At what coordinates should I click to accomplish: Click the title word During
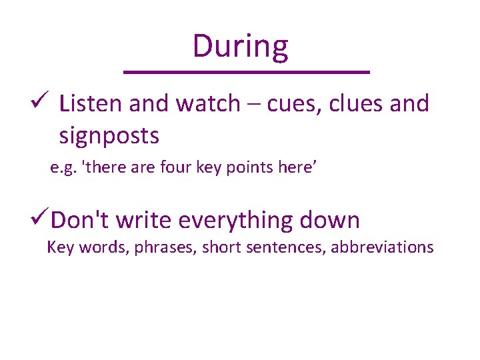click(x=240, y=47)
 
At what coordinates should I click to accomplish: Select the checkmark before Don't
click(x=40, y=219)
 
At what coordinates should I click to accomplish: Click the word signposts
click(x=109, y=136)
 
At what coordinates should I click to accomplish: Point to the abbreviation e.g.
click(x=63, y=169)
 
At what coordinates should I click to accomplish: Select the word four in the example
click(x=177, y=169)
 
